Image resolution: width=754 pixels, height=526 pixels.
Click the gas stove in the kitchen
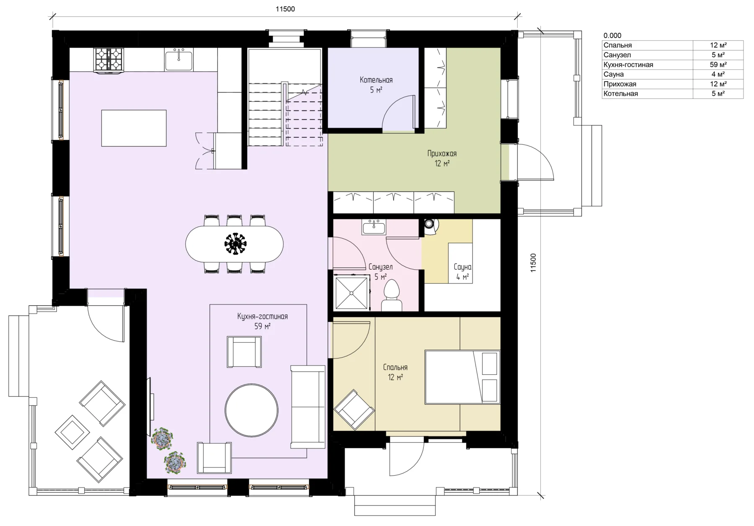coord(109,60)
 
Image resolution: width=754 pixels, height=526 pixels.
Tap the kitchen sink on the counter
coord(179,60)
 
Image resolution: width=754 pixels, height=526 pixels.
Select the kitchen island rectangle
coord(134,128)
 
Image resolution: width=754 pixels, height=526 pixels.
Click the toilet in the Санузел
coord(392,295)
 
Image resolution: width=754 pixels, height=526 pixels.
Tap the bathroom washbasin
coord(374,227)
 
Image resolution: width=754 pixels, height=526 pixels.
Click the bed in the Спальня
coord(463,377)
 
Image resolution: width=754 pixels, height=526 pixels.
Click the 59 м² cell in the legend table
coord(718,64)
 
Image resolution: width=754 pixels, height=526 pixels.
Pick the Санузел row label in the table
coord(617,55)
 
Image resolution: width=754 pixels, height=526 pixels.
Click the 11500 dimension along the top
coord(285,9)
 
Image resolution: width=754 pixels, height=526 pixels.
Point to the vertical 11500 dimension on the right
coord(533,263)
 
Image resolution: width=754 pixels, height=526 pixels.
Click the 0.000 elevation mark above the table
coord(612,36)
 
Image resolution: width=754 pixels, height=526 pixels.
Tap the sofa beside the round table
coord(308,407)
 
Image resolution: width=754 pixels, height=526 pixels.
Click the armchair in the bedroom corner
coord(354,410)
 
